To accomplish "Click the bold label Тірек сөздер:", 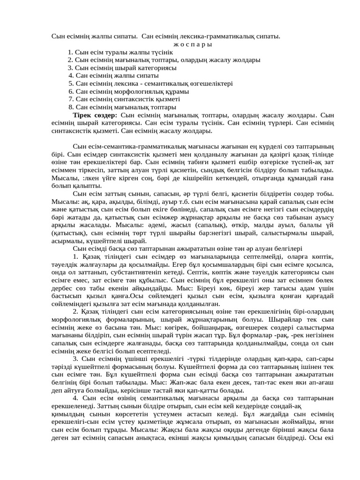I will (95, 115).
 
